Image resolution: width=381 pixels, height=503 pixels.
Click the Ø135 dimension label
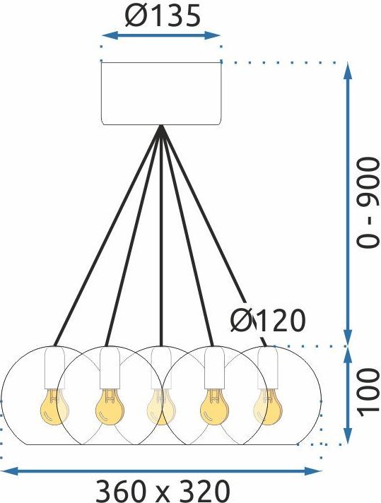(x=163, y=16)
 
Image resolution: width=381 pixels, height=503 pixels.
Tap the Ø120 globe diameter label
(x=268, y=321)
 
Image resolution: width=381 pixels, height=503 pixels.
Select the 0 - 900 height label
(x=368, y=203)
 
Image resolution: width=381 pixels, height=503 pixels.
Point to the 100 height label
(x=368, y=392)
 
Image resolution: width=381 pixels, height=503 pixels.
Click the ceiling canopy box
(x=161, y=93)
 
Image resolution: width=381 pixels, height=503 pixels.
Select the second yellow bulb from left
(x=110, y=407)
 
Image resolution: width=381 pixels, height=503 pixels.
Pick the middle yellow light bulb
(x=161, y=407)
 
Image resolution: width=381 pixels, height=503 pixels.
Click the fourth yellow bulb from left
(x=214, y=407)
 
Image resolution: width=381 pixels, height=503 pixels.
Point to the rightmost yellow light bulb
(x=268, y=407)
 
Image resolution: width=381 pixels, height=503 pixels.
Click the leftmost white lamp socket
(x=54, y=368)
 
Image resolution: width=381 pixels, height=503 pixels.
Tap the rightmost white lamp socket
(x=268, y=368)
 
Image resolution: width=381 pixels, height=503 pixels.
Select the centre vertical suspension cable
(x=161, y=236)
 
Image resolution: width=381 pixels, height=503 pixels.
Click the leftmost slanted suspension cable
(x=107, y=236)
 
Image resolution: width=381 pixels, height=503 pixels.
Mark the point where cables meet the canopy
(x=161, y=126)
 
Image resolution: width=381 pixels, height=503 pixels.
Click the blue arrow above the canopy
(x=161, y=36)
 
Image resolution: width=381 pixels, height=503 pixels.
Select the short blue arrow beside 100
(x=348, y=396)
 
